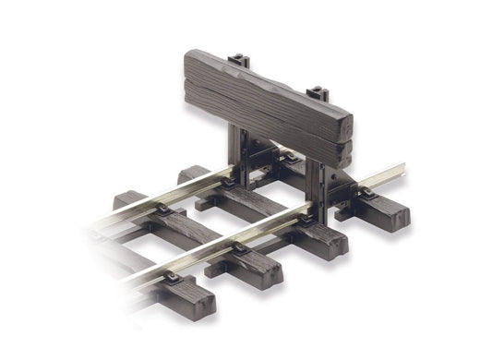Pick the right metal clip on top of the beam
[318, 94]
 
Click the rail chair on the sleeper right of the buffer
[365, 194]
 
